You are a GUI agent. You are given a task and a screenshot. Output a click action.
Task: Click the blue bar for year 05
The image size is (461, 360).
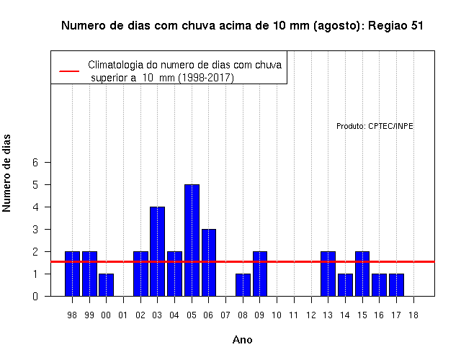pos(192,240)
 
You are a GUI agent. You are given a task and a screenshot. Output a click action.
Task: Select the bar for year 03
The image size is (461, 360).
pos(157,251)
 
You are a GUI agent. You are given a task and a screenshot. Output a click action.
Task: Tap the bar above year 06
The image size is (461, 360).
pos(209,262)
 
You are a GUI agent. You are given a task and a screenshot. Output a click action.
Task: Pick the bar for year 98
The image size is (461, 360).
pos(72,274)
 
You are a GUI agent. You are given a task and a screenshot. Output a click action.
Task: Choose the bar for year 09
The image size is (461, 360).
pos(260,274)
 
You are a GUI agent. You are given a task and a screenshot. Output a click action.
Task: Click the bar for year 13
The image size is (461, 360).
pos(328,274)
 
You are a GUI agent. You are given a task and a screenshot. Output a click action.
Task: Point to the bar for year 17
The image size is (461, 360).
pos(396,285)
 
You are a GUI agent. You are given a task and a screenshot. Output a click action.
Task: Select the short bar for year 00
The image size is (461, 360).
pos(106,285)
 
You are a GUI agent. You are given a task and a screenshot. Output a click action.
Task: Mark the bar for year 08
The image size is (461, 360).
pos(243,285)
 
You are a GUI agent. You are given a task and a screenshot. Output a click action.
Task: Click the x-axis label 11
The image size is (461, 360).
pos(293,315)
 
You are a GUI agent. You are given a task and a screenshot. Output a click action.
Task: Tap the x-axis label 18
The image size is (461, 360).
pos(413,315)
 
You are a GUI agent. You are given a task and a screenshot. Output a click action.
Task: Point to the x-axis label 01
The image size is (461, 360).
pos(123,315)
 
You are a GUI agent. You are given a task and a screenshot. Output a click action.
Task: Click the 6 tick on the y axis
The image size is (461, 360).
pos(35,162)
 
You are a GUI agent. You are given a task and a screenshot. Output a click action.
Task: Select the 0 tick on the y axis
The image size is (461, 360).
pos(35,296)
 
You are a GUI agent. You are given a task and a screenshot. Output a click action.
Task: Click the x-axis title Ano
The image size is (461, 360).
pos(242,340)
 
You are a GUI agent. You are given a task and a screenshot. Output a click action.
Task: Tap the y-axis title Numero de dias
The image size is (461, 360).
pos(6,174)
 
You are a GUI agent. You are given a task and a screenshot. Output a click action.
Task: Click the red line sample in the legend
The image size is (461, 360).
pos(69,71)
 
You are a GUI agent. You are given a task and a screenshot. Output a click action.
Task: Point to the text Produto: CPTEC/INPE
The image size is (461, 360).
pos(375,126)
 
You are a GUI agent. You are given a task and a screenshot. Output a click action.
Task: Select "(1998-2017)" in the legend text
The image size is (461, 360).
pos(207,78)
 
